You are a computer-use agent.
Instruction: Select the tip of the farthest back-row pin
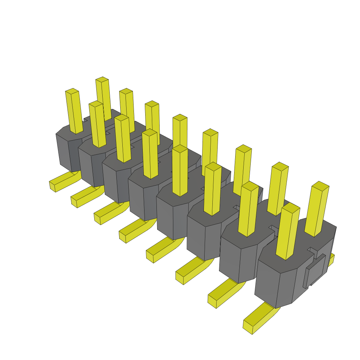(102, 79)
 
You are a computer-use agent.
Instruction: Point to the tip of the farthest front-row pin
(72, 91)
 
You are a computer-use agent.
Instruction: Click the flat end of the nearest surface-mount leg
(247, 327)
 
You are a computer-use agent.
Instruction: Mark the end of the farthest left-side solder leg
(52, 186)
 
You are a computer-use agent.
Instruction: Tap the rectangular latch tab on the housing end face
(315, 270)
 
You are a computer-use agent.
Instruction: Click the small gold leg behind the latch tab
(331, 259)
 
